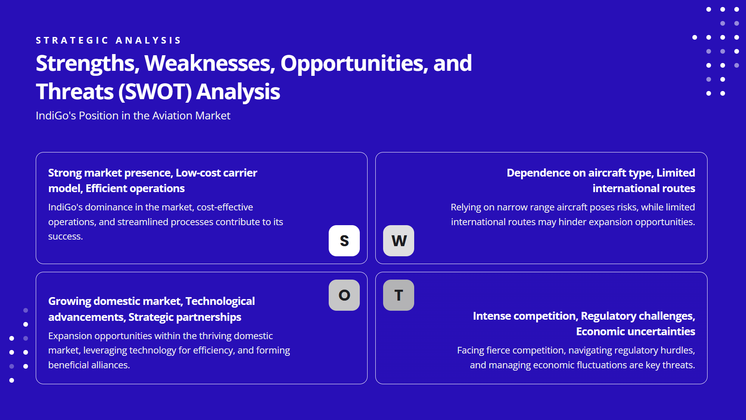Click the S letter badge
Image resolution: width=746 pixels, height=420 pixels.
pyautogui.click(x=344, y=241)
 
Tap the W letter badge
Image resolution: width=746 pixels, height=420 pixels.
pyautogui.click(x=399, y=241)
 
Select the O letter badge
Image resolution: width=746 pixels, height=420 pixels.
pyautogui.click(x=344, y=295)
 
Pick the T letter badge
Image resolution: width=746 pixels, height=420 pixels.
pyautogui.click(x=399, y=295)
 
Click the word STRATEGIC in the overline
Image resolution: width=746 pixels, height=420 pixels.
pyautogui.click(x=72, y=40)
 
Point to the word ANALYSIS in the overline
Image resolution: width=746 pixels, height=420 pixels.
pyautogui.click(x=148, y=40)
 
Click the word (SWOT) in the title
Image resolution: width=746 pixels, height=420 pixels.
pyautogui.click(x=155, y=92)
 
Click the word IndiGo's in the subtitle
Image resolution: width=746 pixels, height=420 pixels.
pyautogui.click(x=56, y=115)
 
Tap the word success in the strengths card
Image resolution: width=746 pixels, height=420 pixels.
pyautogui.click(x=64, y=236)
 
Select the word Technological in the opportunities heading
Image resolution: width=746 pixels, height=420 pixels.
pyautogui.click(x=220, y=301)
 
